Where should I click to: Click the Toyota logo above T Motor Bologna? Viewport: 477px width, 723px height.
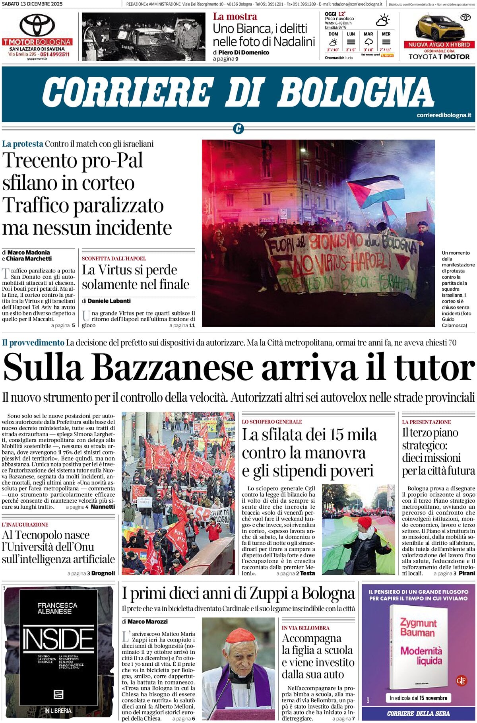(37, 25)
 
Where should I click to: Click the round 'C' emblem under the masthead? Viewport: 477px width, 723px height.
(238, 128)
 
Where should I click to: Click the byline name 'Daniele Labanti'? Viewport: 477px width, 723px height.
(109, 301)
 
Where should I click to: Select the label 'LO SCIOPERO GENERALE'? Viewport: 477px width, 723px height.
(272, 422)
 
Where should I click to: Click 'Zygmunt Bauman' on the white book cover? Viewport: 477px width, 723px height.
(418, 627)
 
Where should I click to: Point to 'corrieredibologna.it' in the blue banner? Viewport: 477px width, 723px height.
(444, 115)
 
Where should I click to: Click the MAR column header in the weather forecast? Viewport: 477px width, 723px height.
(368, 34)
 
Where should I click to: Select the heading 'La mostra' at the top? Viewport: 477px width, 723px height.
(235, 16)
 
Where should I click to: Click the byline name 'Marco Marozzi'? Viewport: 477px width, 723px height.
(147, 621)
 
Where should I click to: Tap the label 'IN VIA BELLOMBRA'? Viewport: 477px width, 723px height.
(305, 628)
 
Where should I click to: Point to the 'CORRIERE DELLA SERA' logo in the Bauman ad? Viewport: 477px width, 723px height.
(419, 713)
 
